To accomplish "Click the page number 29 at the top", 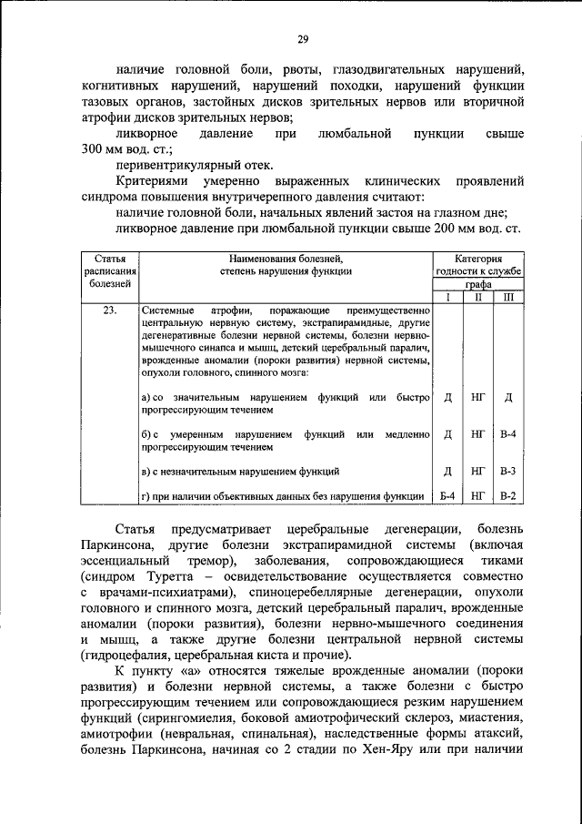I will [303, 38].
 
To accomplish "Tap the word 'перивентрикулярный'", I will [175, 166].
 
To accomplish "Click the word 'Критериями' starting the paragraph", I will [151, 182].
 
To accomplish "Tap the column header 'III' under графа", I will [508, 297].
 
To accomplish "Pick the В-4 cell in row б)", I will [508, 434].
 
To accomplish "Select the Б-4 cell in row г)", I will [447, 495].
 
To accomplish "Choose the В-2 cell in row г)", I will [508, 495].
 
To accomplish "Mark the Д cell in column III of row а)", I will [508, 398].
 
